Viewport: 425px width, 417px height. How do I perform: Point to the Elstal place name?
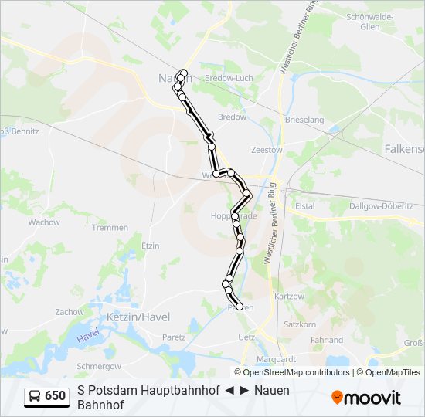click(x=305, y=206)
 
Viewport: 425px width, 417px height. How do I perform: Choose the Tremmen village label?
click(x=110, y=228)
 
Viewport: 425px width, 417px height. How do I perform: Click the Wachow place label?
click(x=44, y=222)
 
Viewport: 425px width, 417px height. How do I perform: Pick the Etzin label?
click(x=150, y=246)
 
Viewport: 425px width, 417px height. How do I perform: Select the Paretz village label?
click(x=174, y=337)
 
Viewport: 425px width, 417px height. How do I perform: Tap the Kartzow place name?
click(x=289, y=297)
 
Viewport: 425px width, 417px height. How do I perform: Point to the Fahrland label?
click(x=326, y=340)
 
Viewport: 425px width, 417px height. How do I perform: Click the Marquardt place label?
click(x=277, y=359)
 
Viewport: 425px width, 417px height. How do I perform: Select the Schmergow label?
click(x=100, y=365)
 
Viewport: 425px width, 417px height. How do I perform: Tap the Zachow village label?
click(x=70, y=312)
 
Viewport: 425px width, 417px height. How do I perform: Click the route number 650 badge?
click(x=55, y=396)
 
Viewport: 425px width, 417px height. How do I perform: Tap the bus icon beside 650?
click(x=35, y=396)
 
